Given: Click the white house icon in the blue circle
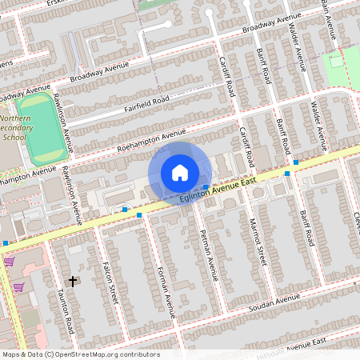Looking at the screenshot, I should click(180, 173).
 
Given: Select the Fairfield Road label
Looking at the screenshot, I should click(146, 104).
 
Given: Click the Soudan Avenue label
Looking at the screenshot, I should click(276, 303).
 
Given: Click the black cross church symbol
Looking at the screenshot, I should click(74, 281).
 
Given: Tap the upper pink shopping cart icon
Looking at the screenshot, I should click(9, 261).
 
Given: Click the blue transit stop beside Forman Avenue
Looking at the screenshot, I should click(139, 215).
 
